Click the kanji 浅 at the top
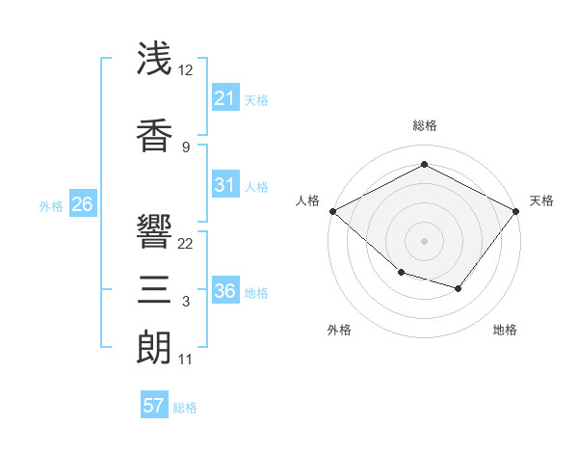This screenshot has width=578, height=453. tap(155, 60)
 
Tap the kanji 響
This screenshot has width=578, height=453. tap(155, 231)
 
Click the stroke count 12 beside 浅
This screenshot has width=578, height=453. tap(186, 70)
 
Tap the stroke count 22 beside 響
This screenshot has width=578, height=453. tap(186, 243)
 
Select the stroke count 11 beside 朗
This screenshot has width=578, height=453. tap(186, 360)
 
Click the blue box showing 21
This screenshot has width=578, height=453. tap(224, 98)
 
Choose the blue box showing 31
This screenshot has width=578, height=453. tap(224, 185)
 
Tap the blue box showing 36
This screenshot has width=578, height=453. tap(224, 291)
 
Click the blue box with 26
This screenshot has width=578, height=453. tap(82, 204)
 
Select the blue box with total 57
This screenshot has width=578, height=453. tap(153, 406)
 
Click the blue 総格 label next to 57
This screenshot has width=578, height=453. tap(185, 408)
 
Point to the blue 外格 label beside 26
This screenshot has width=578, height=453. tap(51, 205)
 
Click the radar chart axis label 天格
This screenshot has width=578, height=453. tap(541, 200)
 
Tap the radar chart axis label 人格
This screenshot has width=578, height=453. tap(308, 200)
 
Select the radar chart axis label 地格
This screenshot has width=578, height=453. tap(505, 330)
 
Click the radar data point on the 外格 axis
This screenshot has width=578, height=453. tap(401, 274)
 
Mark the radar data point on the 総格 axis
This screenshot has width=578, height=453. tap(424, 165)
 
